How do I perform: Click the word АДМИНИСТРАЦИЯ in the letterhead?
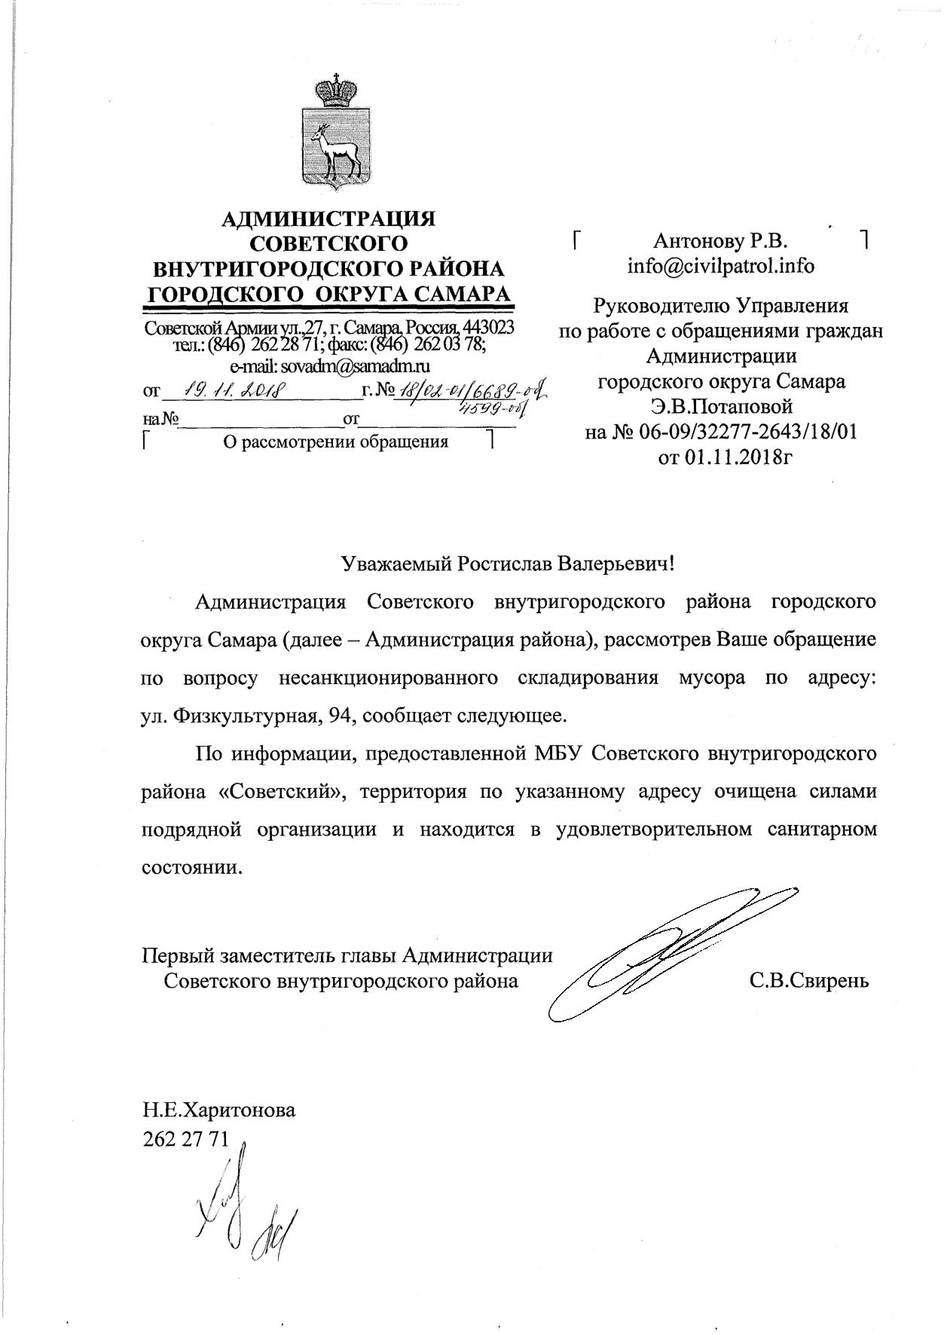(x=328, y=218)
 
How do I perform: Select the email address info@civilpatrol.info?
(x=721, y=266)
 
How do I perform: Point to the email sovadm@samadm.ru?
(x=329, y=366)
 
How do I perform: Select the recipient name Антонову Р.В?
(x=720, y=241)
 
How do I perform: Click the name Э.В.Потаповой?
(x=722, y=407)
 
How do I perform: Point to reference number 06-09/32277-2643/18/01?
(x=742, y=432)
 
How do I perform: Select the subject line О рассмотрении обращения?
(x=335, y=441)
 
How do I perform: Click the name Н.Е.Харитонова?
(x=219, y=1110)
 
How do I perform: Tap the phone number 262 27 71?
(x=185, y=1138)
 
